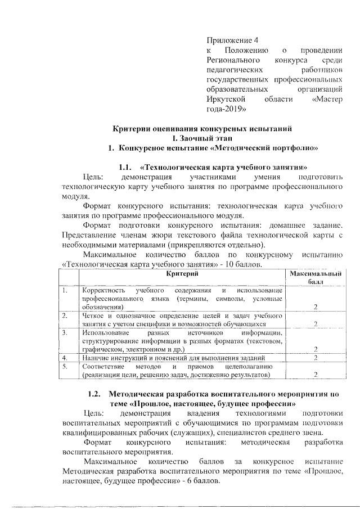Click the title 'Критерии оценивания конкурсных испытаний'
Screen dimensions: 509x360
202,129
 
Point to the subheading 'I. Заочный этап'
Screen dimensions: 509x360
202,138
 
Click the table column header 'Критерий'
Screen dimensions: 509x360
182,273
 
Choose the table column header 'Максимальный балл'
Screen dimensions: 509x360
315,277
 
